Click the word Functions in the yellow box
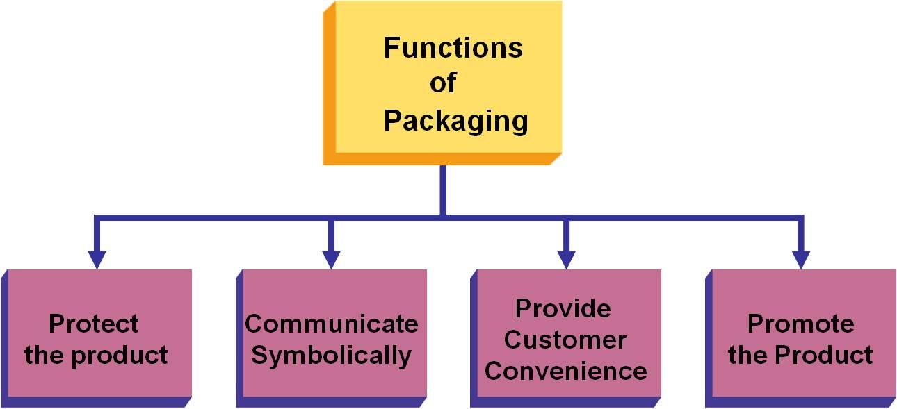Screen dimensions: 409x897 coord(453,49)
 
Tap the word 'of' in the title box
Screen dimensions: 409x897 coord(443,83)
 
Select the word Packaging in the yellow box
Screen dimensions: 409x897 coord(455,122)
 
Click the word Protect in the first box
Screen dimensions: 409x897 coord(94,324)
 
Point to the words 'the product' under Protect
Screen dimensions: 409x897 coord(96,355)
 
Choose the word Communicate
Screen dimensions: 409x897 coord(332,324)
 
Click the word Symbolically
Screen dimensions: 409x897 coord(332,356)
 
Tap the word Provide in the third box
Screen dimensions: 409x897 coord(563,308)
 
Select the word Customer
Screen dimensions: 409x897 coord(565,340)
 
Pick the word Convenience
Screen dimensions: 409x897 coord(565,371)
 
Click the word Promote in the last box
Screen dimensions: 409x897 coord(800,324)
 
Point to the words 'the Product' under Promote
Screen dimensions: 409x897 coord(800,355)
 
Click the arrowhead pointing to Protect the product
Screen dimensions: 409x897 coord(97,260)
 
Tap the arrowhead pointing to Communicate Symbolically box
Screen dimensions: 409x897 coord(332,260)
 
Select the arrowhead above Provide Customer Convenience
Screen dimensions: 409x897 coord(567,260)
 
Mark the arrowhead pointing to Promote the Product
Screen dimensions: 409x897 coord(802,260)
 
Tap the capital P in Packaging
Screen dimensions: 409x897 coord(392,120)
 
